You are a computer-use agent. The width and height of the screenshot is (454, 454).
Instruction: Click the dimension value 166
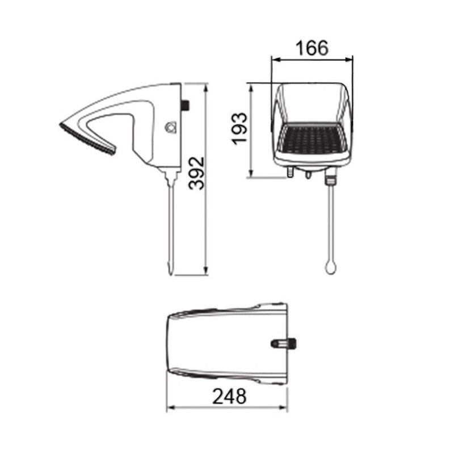pyautogui.click(x=312, y=48)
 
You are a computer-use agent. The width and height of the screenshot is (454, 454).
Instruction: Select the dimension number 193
pyautogui.click(x=240, y=129)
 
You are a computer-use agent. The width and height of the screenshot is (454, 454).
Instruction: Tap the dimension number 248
pyautogui.click(x=229, y=396)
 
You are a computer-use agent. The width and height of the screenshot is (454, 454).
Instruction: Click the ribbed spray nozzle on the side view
pyautogui.click(x=88, y=140)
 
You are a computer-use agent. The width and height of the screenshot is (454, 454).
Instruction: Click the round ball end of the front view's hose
pyautogui.click(x=330, y=267)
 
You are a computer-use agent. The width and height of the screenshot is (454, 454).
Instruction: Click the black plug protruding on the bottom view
pyautogui.click(x=285, y=343)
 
